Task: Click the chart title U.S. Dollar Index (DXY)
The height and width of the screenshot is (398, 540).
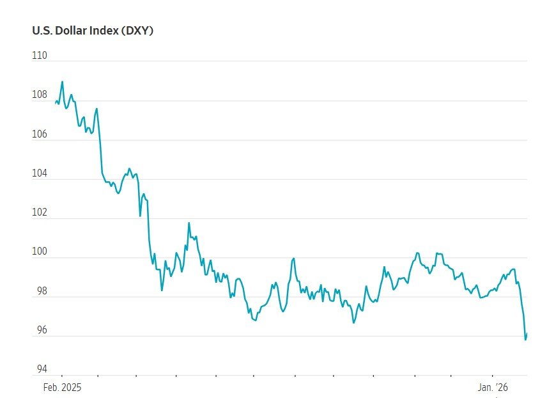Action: (93, 30)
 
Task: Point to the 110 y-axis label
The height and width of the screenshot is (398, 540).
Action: (40, 56)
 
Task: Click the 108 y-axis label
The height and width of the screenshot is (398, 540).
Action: (40, 95)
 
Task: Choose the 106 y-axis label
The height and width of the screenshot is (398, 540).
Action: (40, 134)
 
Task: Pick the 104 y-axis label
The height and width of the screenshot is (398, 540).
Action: (40, 174)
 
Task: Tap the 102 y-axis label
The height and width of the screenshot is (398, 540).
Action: (40, 213)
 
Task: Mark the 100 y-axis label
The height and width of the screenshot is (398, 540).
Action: (40, 253)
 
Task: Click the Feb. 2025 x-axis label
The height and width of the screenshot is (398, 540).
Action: (63, 388)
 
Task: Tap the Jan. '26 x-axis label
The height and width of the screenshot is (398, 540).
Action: (493, 388)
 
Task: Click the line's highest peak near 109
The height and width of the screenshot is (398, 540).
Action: (62, 81)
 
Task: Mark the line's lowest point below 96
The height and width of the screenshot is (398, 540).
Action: (525, 339)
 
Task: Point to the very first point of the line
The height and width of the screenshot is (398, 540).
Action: (56, 102)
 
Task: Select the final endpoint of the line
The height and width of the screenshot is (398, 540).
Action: (527, 333)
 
